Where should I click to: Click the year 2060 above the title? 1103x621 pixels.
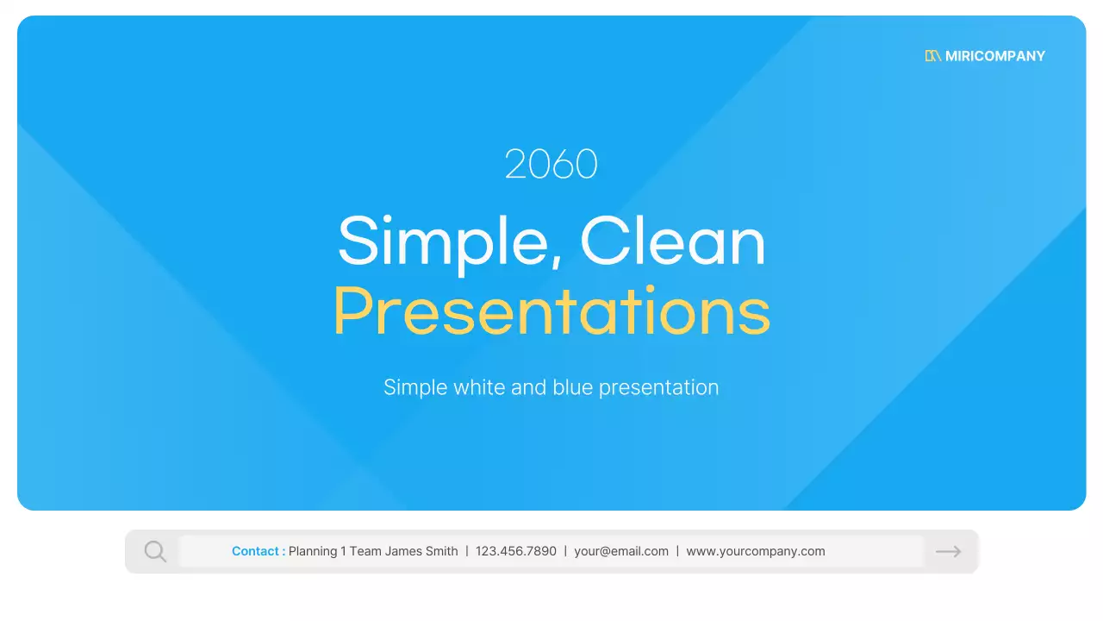[551, 164]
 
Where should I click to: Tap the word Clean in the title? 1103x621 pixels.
[673, 241]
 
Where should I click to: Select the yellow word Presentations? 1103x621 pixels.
[551, 311]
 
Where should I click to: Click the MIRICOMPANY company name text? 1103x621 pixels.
[994, 56]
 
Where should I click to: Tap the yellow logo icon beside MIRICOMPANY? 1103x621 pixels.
[932, 56]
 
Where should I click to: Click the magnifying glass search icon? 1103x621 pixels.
[155, 551]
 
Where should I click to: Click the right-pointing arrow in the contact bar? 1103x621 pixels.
[948, 551]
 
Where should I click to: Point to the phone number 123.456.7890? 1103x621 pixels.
[515, 551]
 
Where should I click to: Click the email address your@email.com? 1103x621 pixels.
[621, 551]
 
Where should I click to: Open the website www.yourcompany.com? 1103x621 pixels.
[756, 551]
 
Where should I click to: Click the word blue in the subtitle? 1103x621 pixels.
[573, 387]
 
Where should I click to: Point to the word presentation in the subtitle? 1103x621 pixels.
[659, 388]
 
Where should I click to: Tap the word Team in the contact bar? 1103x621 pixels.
[365, 551]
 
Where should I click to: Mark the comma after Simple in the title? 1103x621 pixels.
[556, 260]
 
